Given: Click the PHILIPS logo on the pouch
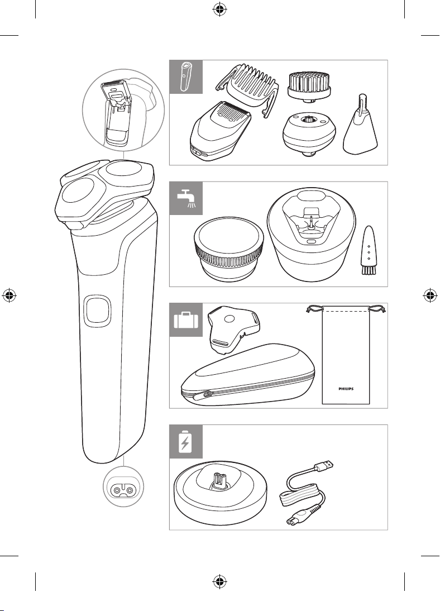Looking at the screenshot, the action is pos(346,389).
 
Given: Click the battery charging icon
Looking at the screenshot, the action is pos(185,441).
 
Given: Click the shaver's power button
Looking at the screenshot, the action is pos(97,310).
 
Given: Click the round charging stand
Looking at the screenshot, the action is pos(221,492).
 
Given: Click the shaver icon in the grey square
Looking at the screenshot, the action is pos(185,77).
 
